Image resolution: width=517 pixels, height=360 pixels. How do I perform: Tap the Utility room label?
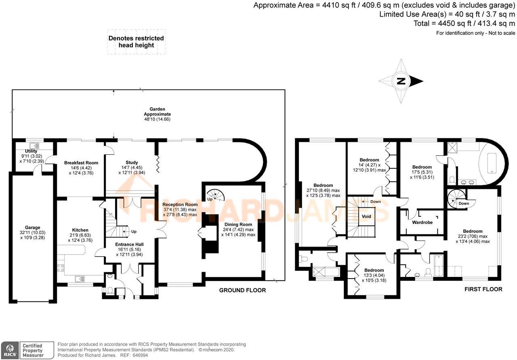pyautogui.click(x=31, y=151)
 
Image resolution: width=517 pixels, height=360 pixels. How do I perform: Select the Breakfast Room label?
pyautogui.click(x=81, y=163)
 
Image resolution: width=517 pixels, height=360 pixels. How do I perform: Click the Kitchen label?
pyautogui.click(x=80, y=230)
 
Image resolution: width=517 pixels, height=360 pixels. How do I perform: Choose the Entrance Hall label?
pyautogui.click(x=129, y=244)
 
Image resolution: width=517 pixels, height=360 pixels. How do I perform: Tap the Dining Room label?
pyautogui.click(x=238, y=224)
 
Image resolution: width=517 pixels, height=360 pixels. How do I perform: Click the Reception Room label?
pyautogui.click(x=180, y=205)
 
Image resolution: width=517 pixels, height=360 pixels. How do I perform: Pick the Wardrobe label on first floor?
pyautogui.click(x=422, y=222)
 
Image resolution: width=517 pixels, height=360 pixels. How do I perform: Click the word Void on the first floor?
pyautogui.click(x=366, y=216)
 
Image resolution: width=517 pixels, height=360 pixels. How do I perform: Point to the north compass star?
pyautogui.click(x=401, y=81)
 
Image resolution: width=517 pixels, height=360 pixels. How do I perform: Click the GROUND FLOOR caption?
pyautogui.click(x=242, y=290)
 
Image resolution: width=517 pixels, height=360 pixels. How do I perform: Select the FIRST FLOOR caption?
pyautogui.click(x=483, y=289)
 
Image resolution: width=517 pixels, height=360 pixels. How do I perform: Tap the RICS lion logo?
pyautogui.click(x=9, y=350)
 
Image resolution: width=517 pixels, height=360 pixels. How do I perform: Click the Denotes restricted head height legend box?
pyautogui.click(x=136, y=42)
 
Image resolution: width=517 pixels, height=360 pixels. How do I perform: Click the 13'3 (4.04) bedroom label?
pyautogui.click(x=374, y=270)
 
